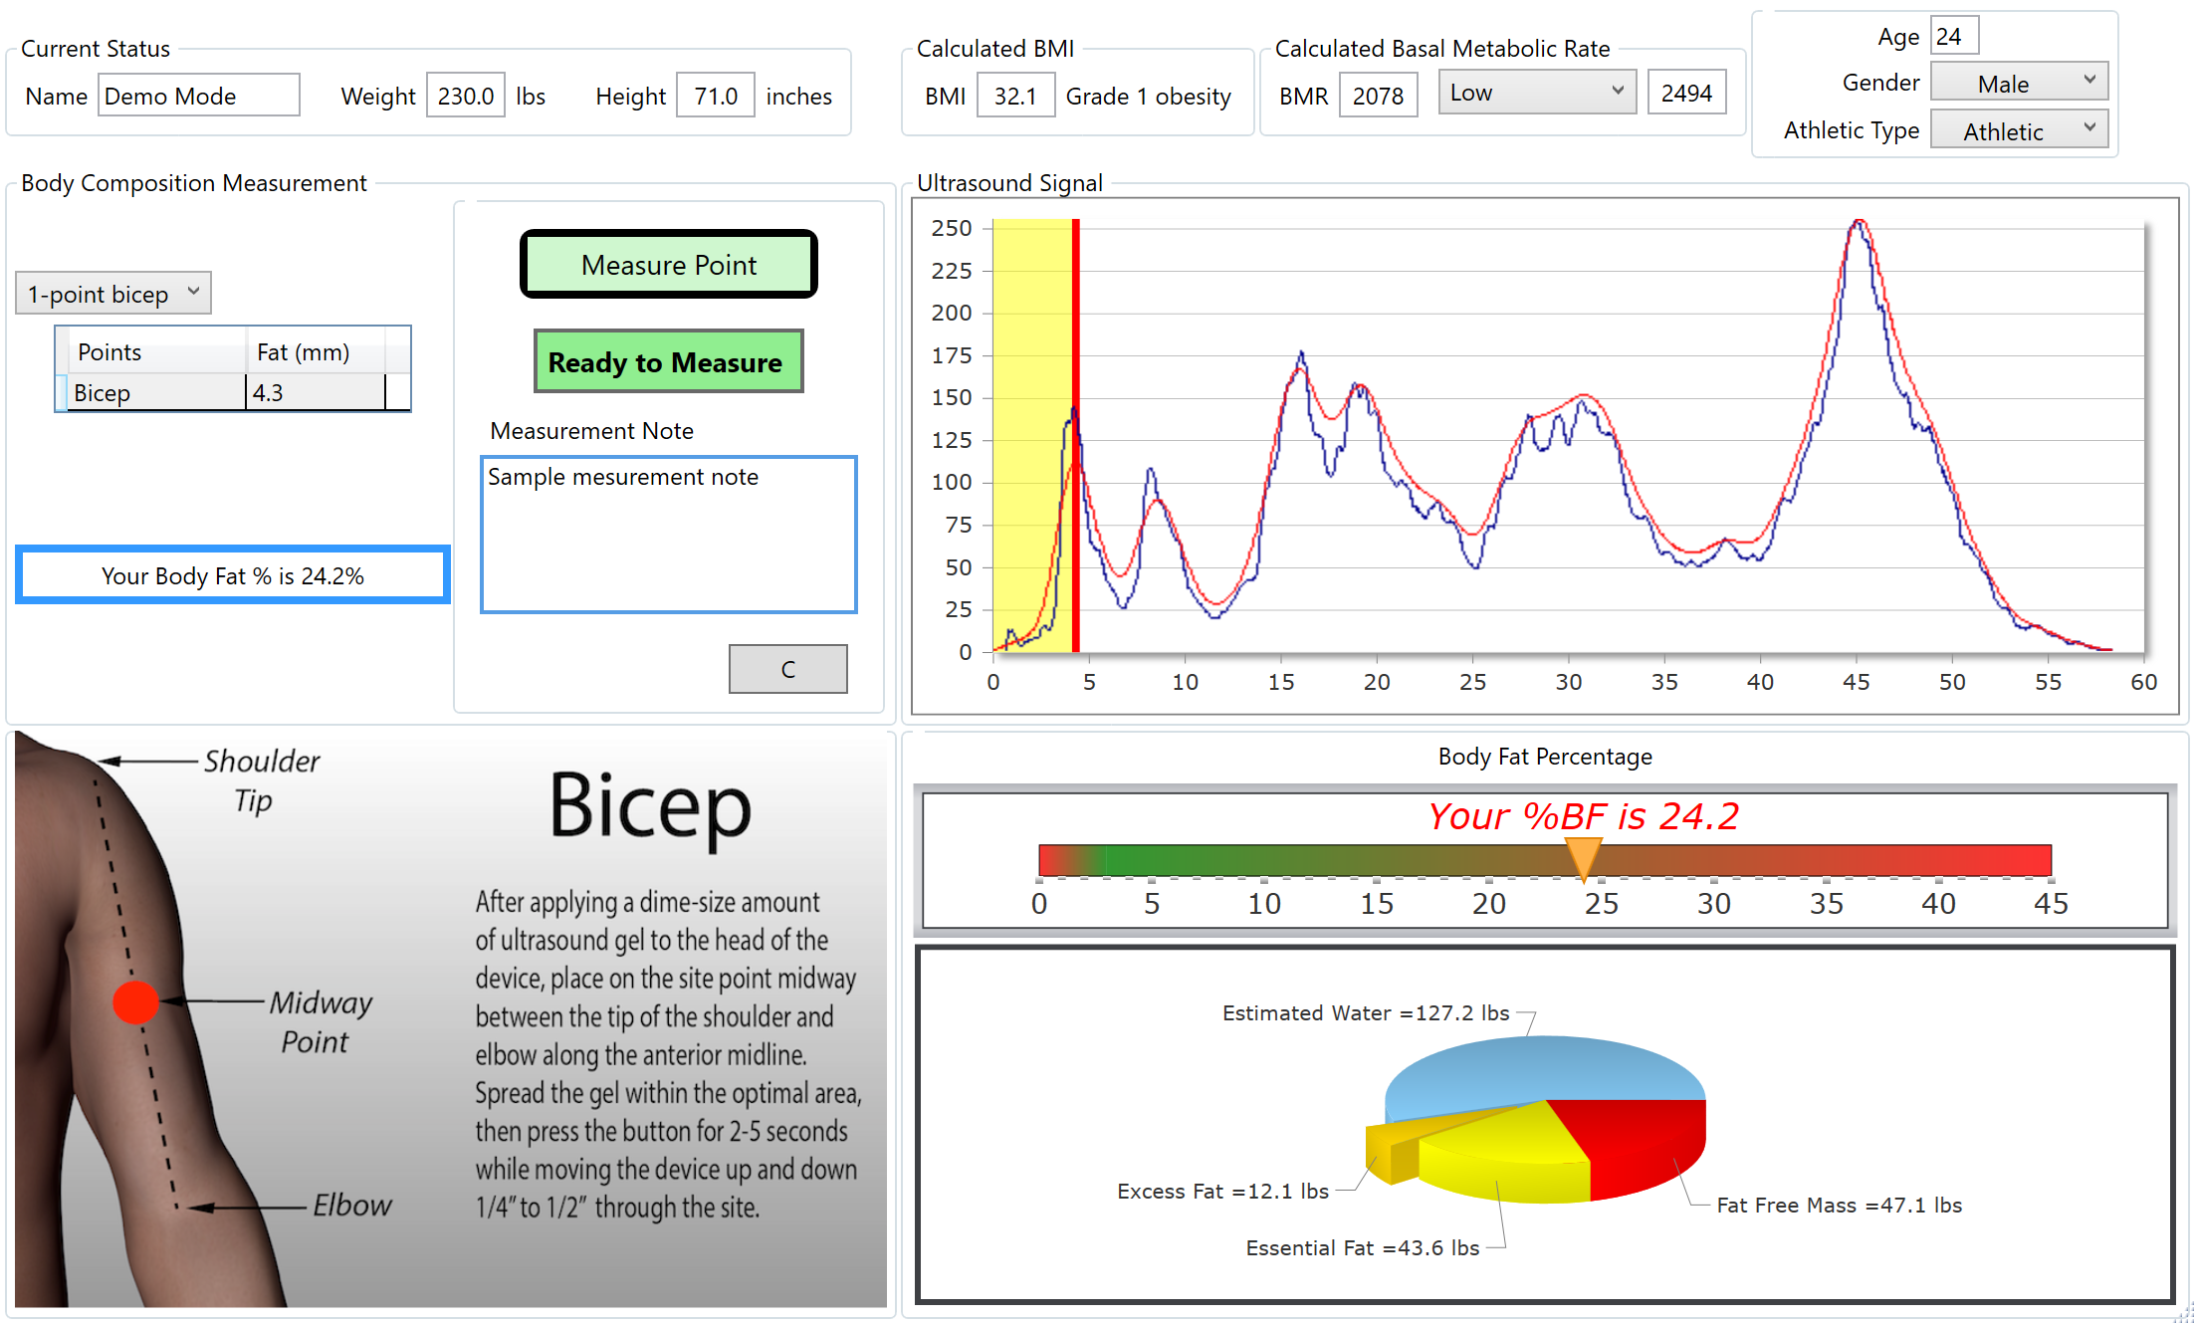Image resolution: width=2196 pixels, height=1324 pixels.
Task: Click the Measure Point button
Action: pos(668,265)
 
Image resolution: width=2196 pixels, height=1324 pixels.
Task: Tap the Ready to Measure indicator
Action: pos(668,361)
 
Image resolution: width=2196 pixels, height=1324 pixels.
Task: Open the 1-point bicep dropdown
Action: pos(113,294)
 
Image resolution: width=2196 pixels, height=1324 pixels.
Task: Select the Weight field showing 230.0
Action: pos(465,96)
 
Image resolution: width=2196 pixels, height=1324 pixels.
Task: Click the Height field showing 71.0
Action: pos(715,96)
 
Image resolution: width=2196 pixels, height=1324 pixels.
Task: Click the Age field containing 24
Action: pos(1953,37)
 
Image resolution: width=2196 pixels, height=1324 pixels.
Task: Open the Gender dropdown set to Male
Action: pos(2018,83)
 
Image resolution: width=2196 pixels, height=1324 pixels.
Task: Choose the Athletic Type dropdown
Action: pos(2018,130)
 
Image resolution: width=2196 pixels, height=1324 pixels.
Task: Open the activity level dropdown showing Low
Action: pos(1536,93)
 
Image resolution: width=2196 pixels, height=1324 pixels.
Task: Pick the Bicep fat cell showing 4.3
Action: pos(315,393)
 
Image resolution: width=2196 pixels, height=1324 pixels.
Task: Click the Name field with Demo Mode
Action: pos(198,96)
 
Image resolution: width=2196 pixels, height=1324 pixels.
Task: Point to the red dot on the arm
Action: pos(135,1001)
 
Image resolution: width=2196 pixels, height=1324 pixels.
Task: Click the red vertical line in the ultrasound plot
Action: pos(1076,438)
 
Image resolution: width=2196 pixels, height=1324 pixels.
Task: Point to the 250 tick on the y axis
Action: pos(952,228)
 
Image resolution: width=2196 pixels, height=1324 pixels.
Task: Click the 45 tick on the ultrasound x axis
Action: pos(1856,682)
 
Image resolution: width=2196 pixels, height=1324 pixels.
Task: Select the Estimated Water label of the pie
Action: pos(1365,1012)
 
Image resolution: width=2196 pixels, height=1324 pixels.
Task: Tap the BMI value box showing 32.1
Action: pos(1014,96)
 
